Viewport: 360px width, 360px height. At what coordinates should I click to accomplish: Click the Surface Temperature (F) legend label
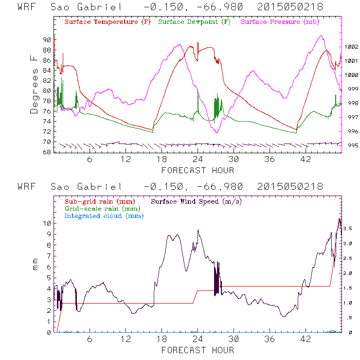[108, 22]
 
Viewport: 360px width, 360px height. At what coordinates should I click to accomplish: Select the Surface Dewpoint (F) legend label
[195, 22]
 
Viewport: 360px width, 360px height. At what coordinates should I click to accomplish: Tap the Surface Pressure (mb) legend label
[280, 22]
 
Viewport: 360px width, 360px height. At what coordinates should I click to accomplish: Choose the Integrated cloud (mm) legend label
[104, 216]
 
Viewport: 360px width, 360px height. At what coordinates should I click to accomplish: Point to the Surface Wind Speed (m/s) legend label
[196, 201]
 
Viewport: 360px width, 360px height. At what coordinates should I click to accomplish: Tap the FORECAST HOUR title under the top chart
[198, 170]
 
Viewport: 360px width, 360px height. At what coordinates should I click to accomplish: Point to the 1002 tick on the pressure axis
[351, 47]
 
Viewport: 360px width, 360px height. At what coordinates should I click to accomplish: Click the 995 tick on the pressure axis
[351, 145]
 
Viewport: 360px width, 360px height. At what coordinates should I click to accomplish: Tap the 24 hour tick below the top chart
[198, 159]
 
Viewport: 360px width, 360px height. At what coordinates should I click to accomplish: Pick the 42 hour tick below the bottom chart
[306, 339]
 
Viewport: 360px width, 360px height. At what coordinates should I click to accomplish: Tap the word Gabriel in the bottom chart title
[100, 187]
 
